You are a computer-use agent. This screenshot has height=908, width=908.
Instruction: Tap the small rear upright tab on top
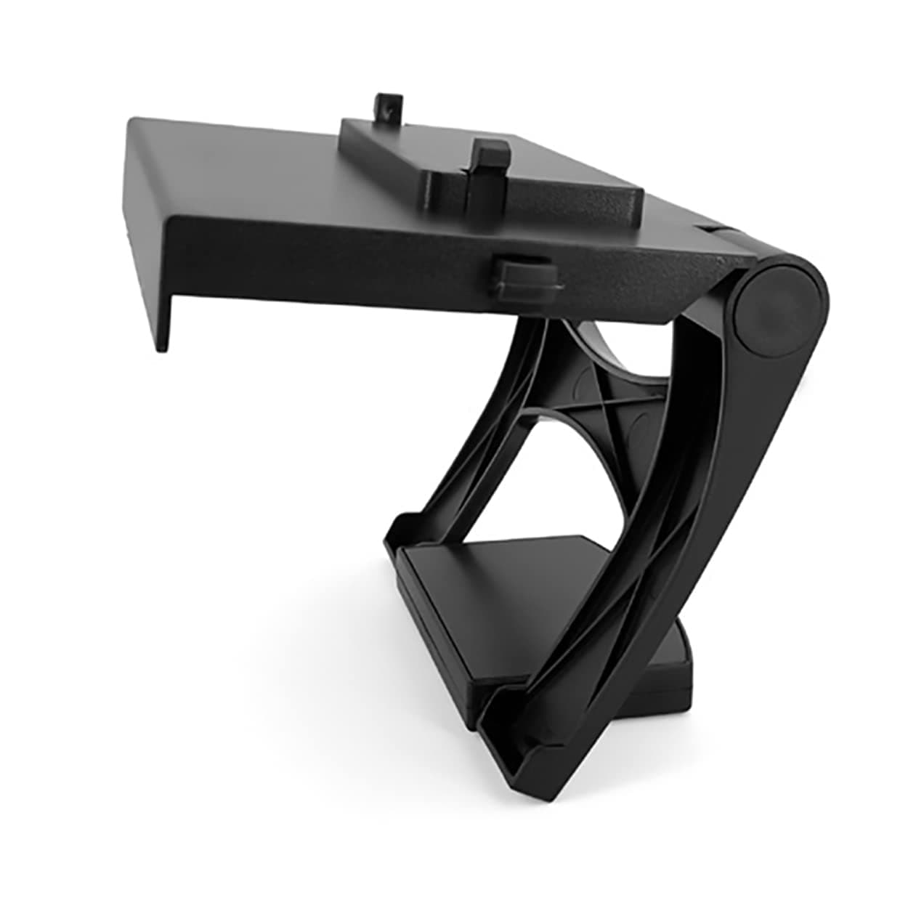pos(390,107)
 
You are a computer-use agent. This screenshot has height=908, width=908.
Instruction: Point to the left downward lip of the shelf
pos(149,240)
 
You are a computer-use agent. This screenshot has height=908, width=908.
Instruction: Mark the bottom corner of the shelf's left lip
pos(161,347)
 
